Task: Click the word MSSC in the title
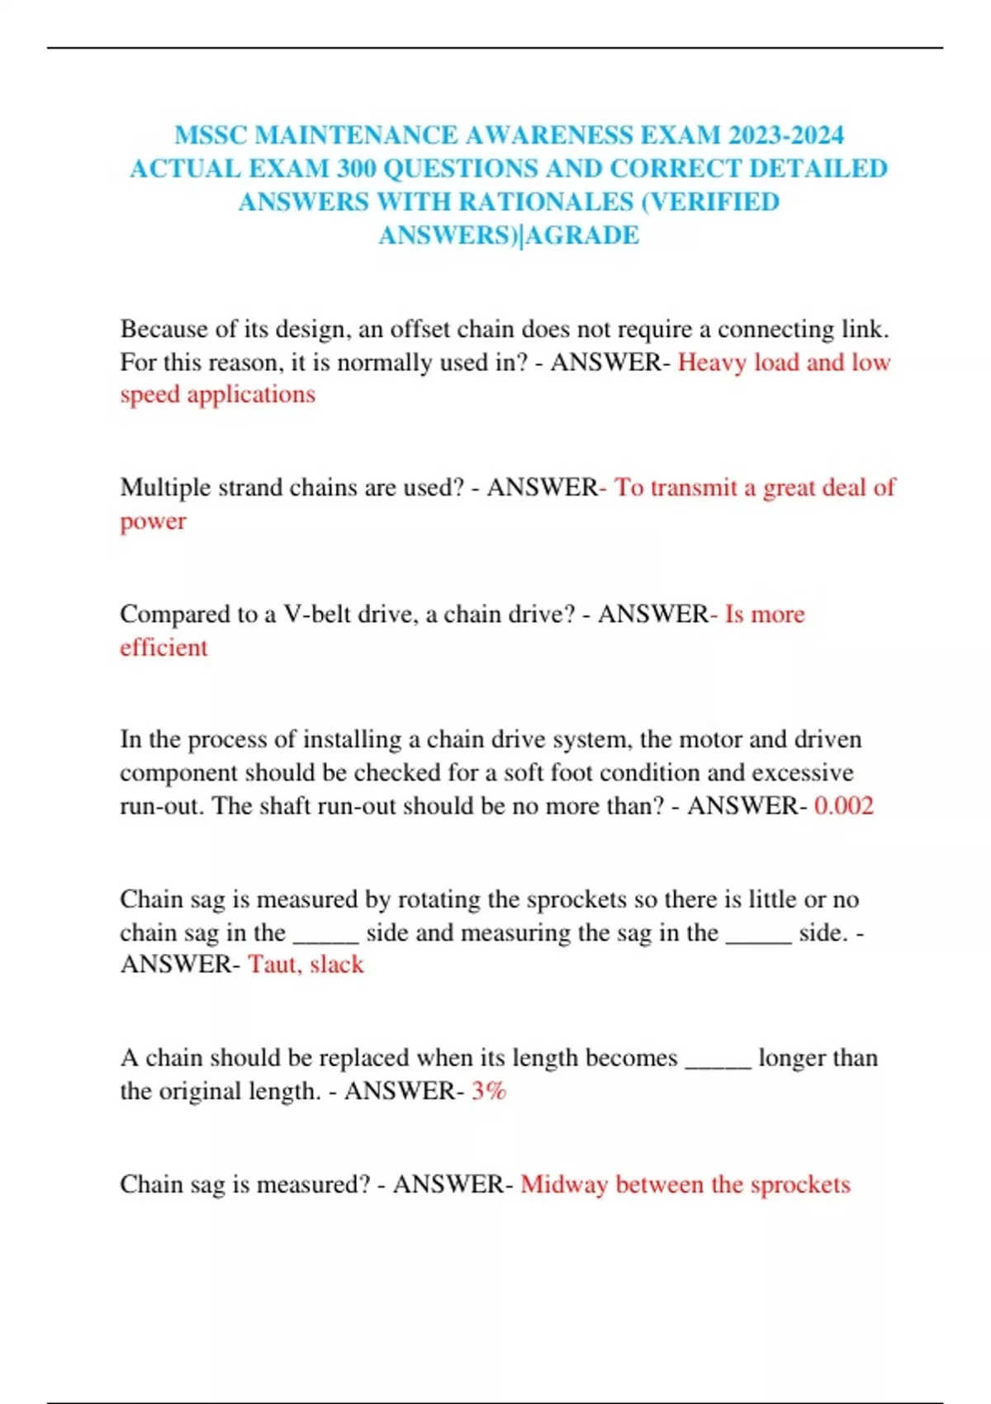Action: (211, 135)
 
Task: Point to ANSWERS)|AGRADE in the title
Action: (509, 235)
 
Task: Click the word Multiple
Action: (165, 487)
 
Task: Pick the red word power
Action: (153, 521)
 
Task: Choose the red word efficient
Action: (164, 647)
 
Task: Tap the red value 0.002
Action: (843, 805)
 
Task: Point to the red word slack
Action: (337, 964)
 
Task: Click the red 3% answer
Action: (488, 1091)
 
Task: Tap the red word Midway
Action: (563, 1184)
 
